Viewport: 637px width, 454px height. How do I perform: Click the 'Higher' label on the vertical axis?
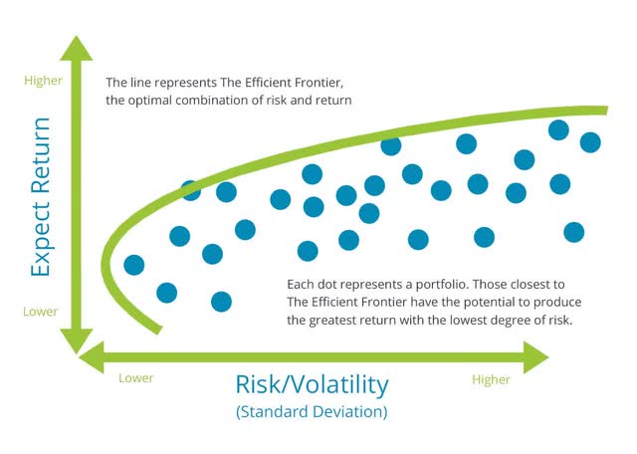[44, 81]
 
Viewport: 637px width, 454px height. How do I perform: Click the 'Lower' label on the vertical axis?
[41, 312]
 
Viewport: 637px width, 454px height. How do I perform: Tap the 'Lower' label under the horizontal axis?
[136, 378]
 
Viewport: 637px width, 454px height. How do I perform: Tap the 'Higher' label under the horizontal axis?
[491, 379]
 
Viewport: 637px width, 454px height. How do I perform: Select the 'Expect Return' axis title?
[41, 197]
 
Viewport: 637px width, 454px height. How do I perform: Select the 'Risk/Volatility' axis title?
[312, 384]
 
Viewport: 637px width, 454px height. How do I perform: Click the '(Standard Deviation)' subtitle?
[312, 412]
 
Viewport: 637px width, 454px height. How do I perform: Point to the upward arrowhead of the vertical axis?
[77, 48]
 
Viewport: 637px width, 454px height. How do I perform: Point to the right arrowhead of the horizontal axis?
[536, 357]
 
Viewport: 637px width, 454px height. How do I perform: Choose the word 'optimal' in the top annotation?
[149, 101]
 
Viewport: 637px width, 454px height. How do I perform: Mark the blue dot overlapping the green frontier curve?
[190, 190]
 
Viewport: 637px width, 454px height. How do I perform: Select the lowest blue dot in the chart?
[221, 302]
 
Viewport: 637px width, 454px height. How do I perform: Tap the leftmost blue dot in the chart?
[134, 265]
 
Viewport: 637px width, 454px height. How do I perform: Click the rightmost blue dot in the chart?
[590, 142]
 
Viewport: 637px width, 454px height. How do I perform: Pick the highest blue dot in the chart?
[558, 130]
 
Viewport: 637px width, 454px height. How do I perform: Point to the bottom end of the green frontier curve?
[158, 330]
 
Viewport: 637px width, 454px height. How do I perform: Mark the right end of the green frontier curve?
[607, 111]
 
